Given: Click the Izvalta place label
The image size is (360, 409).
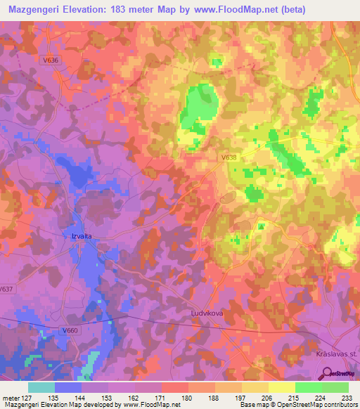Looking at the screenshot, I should click(x=81, y=236).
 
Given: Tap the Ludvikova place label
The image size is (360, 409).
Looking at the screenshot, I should click(x=205, y=313).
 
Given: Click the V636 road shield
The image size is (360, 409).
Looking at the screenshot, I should click(x=51, y=60).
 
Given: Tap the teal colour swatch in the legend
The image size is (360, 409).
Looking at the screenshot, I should click(x=41, y=387).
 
